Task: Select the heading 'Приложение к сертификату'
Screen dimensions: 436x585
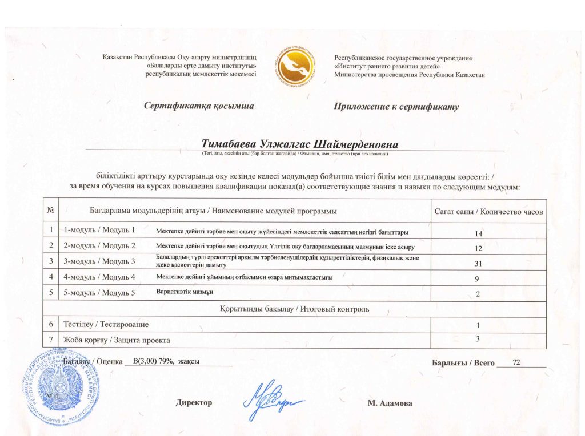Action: point(396,107)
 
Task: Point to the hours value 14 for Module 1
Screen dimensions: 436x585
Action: point(479,234)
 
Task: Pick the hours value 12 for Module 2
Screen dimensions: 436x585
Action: point(479,249)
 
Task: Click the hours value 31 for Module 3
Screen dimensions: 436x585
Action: point(479,264)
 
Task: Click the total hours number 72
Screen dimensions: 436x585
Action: point(517,362)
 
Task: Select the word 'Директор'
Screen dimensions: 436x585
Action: point(194,403)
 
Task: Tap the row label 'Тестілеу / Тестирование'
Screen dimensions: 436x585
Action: point(106,325)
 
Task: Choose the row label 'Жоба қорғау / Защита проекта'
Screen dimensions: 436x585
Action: point(117,340)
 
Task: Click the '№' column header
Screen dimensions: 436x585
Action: point(50,211)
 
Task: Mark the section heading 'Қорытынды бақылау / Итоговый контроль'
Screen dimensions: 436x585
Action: point(295,309)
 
